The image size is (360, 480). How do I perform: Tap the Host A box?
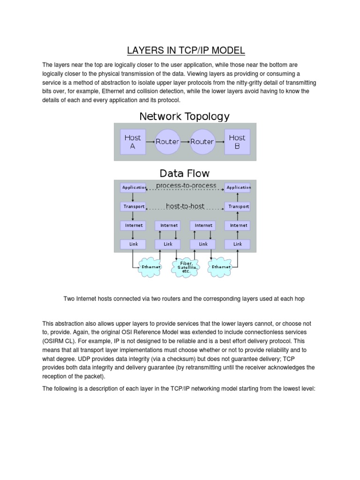click(133, 142)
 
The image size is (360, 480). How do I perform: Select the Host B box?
click(237, 142)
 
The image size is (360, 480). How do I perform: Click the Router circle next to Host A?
click(167, 142)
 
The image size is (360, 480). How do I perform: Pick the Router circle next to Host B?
click(202, 142)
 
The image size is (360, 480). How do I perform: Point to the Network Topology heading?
click(184, 116)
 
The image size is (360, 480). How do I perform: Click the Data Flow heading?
click(185, 174)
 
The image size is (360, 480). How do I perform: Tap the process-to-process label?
click(186, 186)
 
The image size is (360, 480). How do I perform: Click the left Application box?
click(134, 187)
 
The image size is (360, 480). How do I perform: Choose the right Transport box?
click(238, 207)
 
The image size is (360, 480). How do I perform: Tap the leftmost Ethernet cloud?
click(151, 267)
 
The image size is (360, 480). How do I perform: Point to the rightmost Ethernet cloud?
click(221, 267)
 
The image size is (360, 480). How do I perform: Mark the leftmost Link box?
click(134, 244)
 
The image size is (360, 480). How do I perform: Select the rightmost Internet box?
click(238, 225)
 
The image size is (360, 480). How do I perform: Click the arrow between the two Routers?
click(185, 142)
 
